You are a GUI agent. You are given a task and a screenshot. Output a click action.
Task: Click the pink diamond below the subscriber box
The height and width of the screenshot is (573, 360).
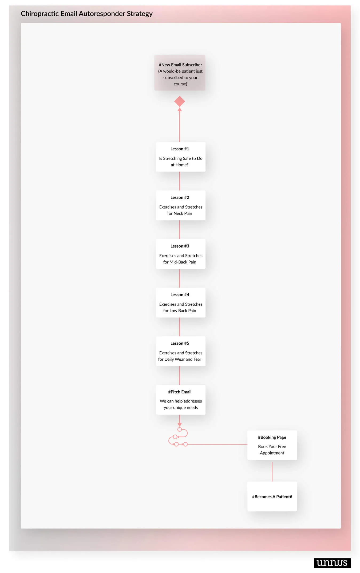click(x=180, y=101)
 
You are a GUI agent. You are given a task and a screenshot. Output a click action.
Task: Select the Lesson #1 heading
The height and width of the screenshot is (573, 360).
click(x=180, y=149)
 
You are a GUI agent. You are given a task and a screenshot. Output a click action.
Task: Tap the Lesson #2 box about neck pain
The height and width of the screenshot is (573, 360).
click(x=181, y=205)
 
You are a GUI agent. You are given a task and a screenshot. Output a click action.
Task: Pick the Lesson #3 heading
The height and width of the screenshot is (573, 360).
click(x=180, y=246)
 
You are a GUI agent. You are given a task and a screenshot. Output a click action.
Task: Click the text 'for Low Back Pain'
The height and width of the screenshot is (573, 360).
click(x=180, y=311)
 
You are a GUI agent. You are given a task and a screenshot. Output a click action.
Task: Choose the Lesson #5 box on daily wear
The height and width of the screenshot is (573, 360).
click(x=181, y=351)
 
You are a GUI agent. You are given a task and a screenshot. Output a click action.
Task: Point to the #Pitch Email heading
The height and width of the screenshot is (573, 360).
click(x=180, y=392)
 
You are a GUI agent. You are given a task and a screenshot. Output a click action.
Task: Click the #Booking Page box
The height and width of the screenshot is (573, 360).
click(x=272, y=445)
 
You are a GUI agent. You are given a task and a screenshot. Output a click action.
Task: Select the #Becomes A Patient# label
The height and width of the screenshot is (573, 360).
click(x=272, y=497)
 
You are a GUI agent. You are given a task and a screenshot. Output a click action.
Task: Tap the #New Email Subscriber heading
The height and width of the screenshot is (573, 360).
click(x=180, y=65)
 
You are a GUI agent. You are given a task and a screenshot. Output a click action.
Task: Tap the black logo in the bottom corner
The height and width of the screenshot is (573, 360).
click(x=332, y=563)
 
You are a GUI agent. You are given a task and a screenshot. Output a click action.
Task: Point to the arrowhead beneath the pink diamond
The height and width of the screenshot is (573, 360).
click(x=180, y=109)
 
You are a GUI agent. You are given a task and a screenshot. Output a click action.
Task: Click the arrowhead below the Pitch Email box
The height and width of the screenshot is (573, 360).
click(x=180, y=424)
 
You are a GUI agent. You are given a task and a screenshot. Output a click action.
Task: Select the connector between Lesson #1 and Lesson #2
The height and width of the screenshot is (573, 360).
click(x=180, y=181)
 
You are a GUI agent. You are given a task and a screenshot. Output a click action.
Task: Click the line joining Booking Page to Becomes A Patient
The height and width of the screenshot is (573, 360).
click(x=272, y=472)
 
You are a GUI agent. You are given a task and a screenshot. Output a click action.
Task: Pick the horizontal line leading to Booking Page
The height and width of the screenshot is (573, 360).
click(x=217, y=444)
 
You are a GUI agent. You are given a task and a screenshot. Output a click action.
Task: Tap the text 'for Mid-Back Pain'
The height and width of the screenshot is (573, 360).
click(x=180, y=262)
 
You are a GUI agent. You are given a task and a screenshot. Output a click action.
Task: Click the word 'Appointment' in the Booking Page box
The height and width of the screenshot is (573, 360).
click(x=272, y=453)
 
